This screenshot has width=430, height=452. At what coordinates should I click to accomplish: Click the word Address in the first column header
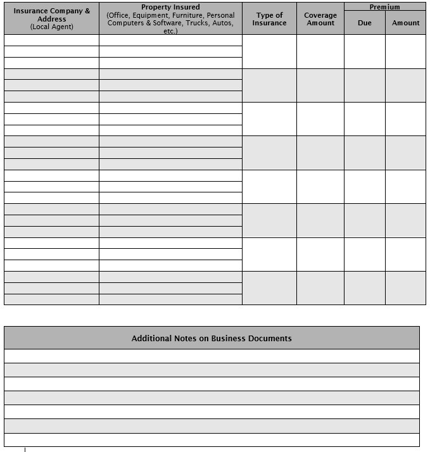[51, 19]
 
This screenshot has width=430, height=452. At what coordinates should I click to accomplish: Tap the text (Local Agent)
[51, 27]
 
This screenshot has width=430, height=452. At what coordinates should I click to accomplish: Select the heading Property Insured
[170, 8]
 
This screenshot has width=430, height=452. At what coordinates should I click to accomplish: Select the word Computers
[125, 23]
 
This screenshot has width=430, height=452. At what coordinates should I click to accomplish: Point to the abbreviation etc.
[170, 31]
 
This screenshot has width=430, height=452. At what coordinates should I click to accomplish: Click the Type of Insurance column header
[269, 19]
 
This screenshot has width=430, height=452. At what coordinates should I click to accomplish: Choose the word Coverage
[320, 15]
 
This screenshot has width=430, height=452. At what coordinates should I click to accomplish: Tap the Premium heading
[384, 7]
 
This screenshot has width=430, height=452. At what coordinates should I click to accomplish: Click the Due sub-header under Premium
[364, 23]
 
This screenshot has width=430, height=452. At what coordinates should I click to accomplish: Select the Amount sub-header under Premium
[405, 23]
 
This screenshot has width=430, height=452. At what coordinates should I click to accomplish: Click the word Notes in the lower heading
[186, 339]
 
